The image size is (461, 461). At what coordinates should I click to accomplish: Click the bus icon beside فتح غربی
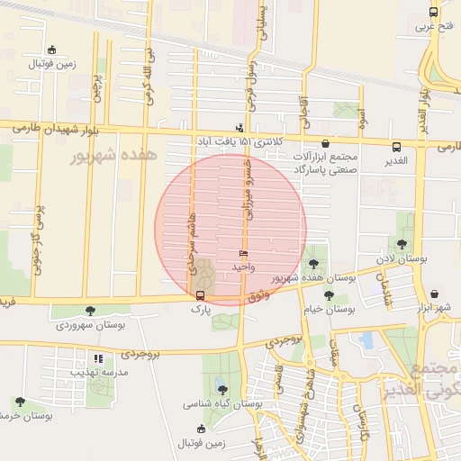tap(434, 13)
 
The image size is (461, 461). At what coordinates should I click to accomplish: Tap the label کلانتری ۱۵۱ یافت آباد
tap(241, 141)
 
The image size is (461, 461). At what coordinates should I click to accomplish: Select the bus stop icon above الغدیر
tap(397, 147)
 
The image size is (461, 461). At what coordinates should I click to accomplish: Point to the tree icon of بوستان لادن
tap(402, 243)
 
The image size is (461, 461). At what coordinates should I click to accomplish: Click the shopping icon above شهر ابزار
tap(436, 294)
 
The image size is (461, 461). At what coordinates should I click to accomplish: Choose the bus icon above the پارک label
tap(200, 294)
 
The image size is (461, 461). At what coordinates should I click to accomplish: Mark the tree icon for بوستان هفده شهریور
tap(312, 264)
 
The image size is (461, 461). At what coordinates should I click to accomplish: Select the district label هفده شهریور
tap(113, 156)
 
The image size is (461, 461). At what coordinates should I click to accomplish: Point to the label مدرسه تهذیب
tap(99, 371)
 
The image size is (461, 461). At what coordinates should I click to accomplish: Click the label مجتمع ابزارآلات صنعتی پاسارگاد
tap(325, 162)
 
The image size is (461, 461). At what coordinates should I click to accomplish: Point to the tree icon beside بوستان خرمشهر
tap(20, 402)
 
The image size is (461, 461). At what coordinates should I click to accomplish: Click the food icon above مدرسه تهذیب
tap(98, 358)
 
